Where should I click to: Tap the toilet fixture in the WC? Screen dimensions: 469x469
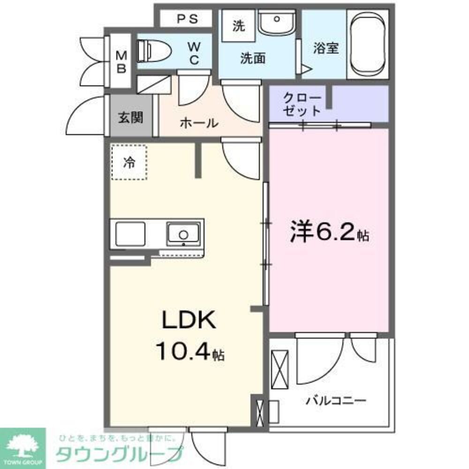click(x=150, y=49)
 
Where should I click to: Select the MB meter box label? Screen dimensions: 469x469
click(x=121, y=61)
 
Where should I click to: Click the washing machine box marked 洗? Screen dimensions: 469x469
click(x=239, y=26)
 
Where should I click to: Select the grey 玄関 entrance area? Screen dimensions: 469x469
click(x=129, y=117)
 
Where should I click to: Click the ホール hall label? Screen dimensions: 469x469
click(x=198, y=123)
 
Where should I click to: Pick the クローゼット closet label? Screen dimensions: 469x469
click(x=303, y=105)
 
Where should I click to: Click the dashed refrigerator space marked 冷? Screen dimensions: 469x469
click(x=129, y=162)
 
